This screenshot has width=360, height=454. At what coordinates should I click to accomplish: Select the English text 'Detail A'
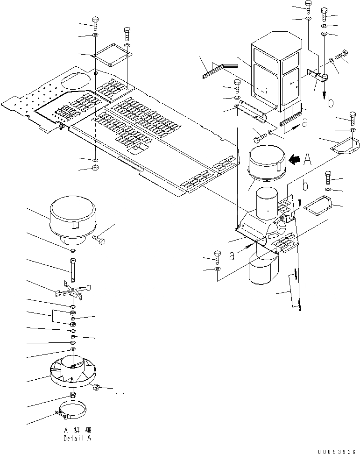pyautogui.click(x=78, y=439)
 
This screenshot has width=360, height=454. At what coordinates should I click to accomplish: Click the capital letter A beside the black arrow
pyautogui.click(x=308, y=159)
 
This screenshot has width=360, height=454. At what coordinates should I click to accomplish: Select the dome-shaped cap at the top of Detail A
pyautogui.click(x=71, y=220)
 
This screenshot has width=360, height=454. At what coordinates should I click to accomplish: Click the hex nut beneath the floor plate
pyautogui.click(x=95, y=168)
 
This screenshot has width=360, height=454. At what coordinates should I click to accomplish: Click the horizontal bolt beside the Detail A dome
pyautogui.click(x=100, y=238)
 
